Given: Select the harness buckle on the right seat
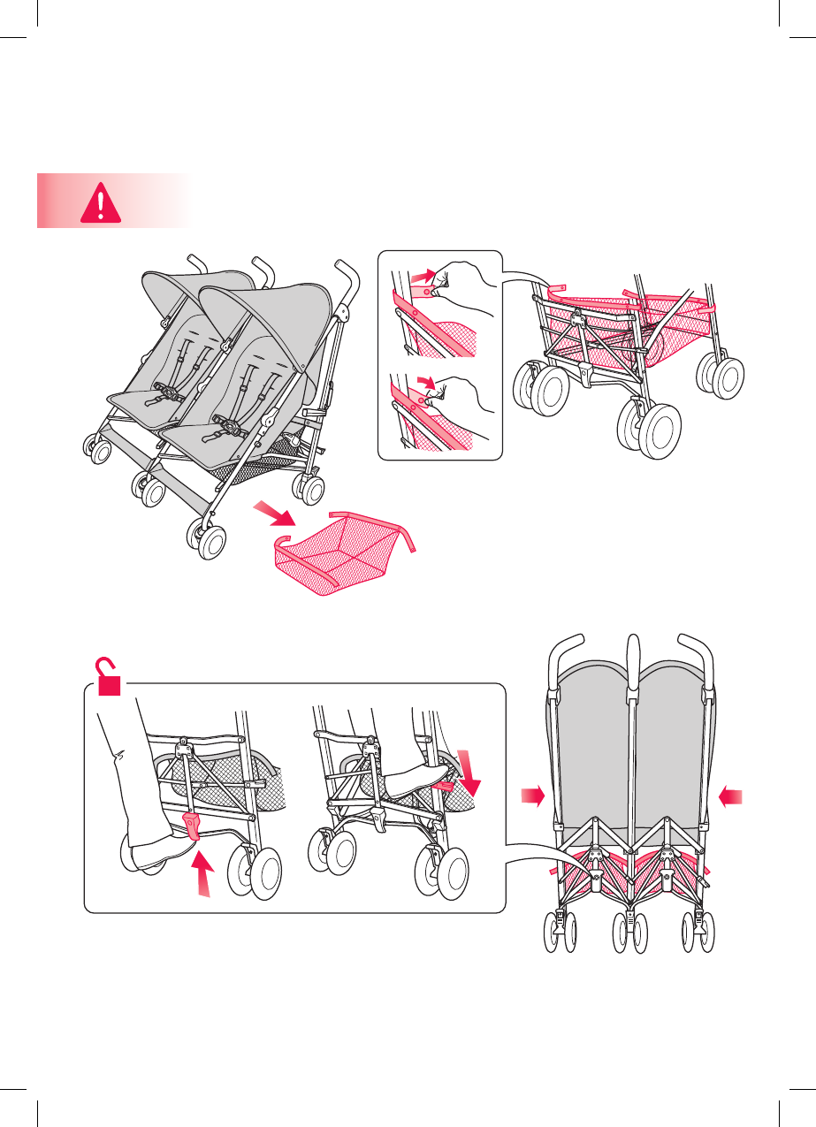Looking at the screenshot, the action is [232, 429].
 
